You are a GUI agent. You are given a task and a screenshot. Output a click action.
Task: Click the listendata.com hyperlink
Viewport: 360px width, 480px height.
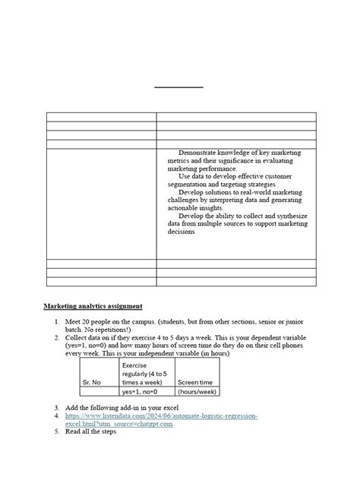pos(162,417)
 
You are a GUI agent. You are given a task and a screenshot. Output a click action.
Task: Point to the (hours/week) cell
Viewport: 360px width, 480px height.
pos(197,393)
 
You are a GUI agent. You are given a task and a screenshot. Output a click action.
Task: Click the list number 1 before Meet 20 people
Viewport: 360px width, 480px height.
pos(56,322)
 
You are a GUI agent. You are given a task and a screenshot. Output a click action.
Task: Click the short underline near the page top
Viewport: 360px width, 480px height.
pos(179,88)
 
